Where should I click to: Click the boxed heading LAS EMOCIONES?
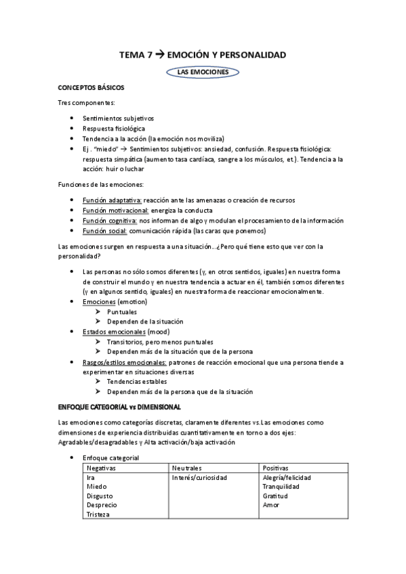(203, 71)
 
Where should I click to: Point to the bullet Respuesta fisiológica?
(113, 128)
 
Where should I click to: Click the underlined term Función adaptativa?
(112, 200)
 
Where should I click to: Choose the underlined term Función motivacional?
(115, 211)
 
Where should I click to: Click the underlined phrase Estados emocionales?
(114, 332)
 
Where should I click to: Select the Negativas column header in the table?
(102, 468)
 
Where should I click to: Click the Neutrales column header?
(187, 468)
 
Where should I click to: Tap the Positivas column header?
(276, 468)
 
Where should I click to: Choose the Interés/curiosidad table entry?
(200, 478)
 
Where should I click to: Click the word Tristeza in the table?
(100, 514)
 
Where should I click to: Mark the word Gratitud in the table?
(275, 496)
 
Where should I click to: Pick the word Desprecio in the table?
(102, 505)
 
